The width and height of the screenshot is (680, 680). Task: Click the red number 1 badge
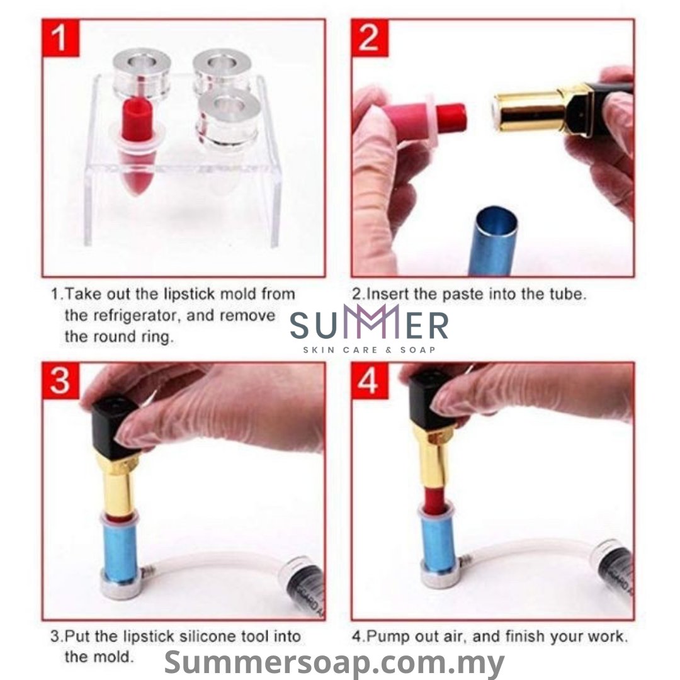(60, 38)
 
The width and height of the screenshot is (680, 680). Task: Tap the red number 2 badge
(370, 38)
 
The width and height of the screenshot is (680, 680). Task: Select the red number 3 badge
(60, 382)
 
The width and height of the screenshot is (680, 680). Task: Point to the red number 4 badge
(370, 382)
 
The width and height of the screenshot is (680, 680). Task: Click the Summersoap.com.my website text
(334, 662)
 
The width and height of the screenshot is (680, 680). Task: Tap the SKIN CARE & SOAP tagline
(369, 349)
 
